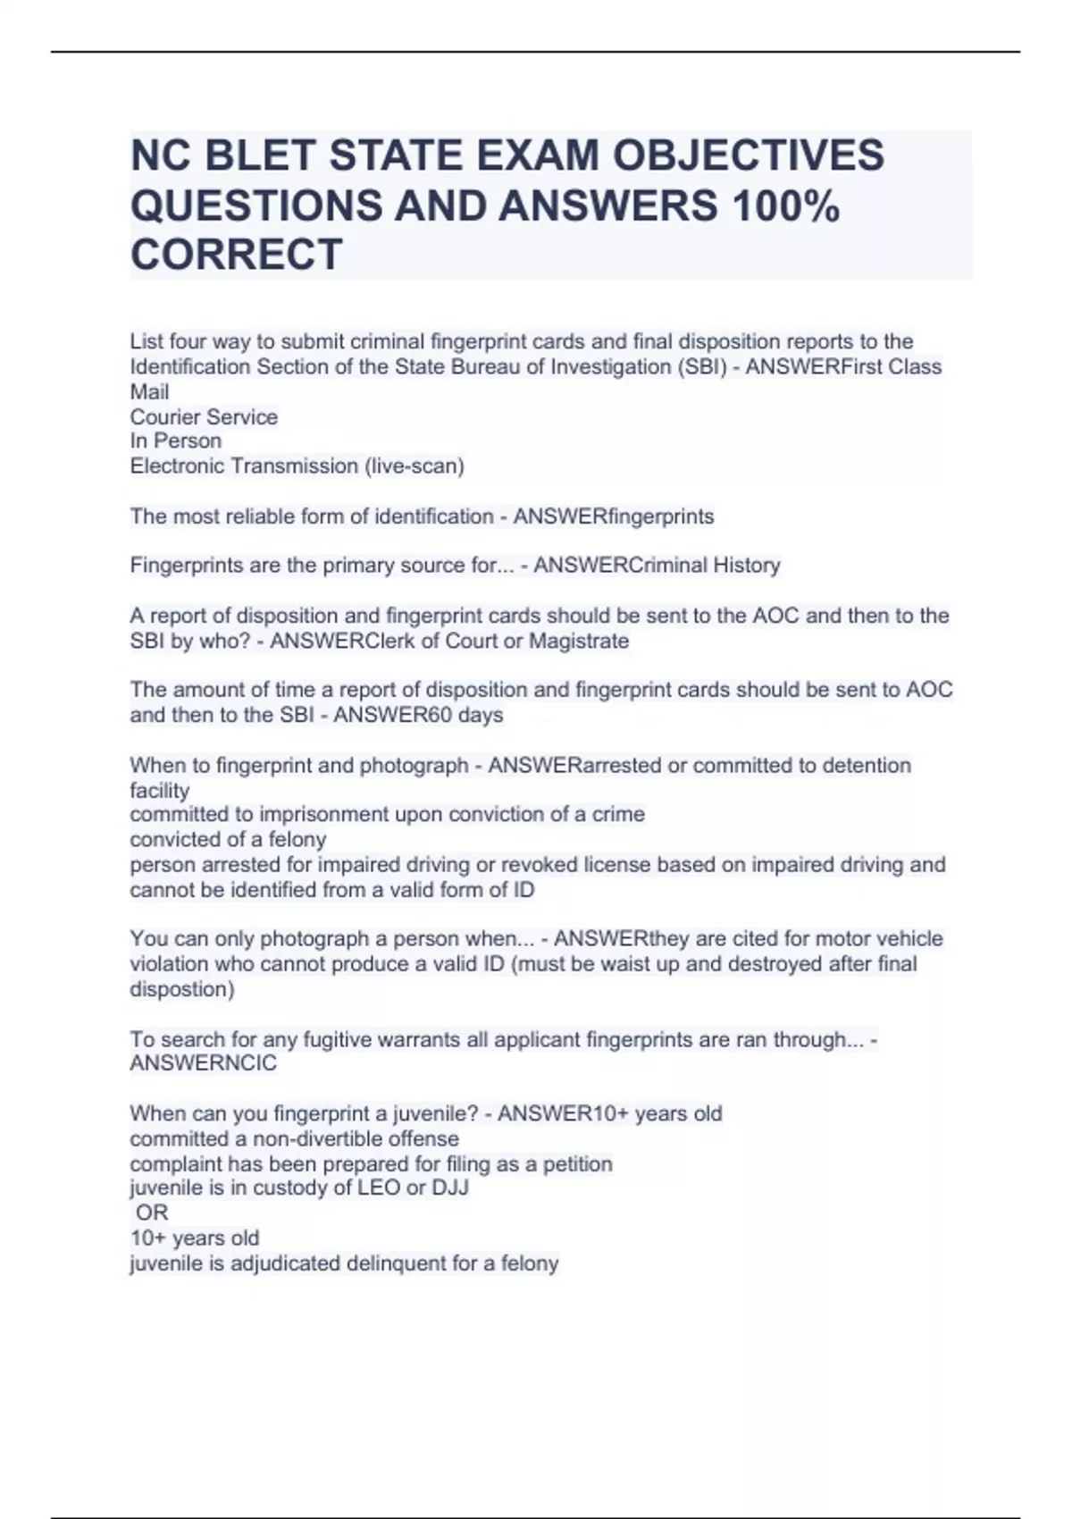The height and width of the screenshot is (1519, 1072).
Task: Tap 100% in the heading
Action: tap(785, 206)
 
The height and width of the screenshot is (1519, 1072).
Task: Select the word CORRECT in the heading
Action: tap(236, 255)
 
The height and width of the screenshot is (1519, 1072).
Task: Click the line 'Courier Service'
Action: tap(204, 417)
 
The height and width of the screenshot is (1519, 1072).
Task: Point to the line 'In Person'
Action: tap(175, 441)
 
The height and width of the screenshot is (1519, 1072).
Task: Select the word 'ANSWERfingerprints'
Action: tap(613, 516)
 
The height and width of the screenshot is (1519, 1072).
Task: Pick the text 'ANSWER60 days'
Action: tap(418, 716)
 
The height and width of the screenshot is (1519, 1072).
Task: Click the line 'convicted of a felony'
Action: tap(228, 840)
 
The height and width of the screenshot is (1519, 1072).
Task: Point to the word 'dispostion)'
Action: tap(181, 990)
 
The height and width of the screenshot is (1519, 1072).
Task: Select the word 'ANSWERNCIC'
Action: tap(203, 1064)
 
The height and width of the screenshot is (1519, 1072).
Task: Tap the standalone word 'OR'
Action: tap(152, 1213)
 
